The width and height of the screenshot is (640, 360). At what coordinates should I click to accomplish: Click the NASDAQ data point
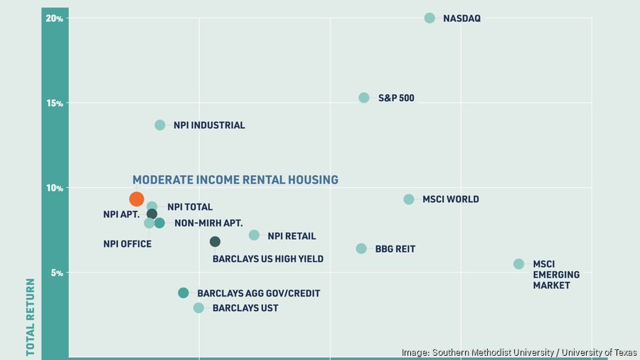430,18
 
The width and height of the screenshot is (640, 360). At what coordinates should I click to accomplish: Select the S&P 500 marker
364,97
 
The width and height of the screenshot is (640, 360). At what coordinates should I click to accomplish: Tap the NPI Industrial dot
160,125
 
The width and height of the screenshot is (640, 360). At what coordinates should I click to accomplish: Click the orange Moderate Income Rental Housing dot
137,199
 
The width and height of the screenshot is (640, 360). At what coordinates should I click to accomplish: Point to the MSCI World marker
409,199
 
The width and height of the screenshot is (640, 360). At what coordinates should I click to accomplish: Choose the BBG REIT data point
361,249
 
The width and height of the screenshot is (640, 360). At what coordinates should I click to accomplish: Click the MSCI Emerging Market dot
518,264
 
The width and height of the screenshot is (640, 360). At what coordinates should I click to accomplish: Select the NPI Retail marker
254,235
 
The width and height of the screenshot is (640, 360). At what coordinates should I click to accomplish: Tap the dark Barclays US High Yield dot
215,242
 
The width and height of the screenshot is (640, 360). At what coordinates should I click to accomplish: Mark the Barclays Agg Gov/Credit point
183,293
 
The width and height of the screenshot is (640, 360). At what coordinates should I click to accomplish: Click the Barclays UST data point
198,308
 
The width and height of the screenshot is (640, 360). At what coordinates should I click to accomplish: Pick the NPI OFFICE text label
127,244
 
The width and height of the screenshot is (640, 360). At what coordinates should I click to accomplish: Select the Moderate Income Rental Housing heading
235,180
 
